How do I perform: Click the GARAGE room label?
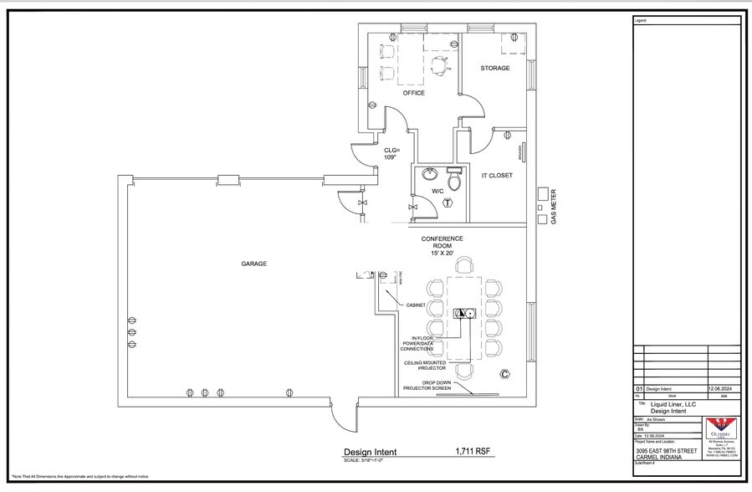tap(254, 264)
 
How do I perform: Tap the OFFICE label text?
tap(413, 93)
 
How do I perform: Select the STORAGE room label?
tap(494, 68)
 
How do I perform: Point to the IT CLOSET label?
tap(496, 176)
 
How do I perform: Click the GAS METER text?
tap(552, 206)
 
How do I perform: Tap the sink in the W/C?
tap(430, 175)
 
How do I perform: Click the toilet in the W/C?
tap(454, 180)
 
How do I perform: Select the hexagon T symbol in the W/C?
tap(448, 202)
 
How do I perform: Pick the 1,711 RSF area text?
tap(473, 452)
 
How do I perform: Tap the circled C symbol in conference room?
tap(504, 373)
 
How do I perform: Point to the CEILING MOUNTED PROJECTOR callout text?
tap(426, 365)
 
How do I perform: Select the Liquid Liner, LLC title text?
tap(673, 404)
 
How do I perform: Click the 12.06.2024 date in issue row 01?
tap(719, 389)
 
